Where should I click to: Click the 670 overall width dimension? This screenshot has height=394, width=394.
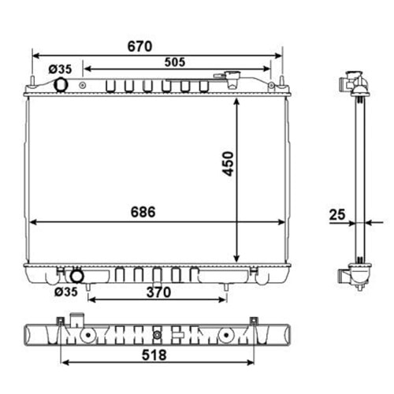(x=139, y=46)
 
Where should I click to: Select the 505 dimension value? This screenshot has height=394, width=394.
(x=175, y=62)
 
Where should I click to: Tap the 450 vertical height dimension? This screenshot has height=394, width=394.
(x=228, y=164)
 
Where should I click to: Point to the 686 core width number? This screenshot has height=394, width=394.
(x=143, y=212)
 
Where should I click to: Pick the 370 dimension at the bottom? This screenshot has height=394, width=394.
(x=158, y=292)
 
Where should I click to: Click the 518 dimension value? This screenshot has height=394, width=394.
(x=154, y=355)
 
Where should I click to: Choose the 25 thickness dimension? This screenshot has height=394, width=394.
(x=337, y=214)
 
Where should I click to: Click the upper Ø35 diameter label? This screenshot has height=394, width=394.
(x=60, y=69)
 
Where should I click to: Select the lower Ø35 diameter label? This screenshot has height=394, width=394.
(x=66, y=292)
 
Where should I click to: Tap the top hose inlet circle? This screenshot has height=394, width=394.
(x=61, y=84)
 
